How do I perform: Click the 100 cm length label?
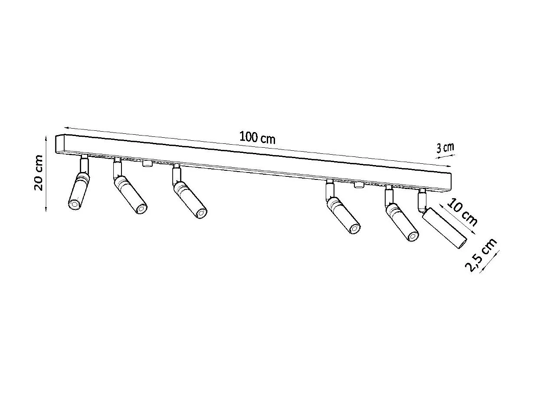pyautogui.click(x=257, y=138)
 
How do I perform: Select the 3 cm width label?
pyautogui.click(x=445, y=148)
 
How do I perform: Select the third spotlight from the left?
pyautogui.click(x=190, y=199)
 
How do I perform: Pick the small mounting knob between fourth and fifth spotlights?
pyautogui.click(x=358, y=185)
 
